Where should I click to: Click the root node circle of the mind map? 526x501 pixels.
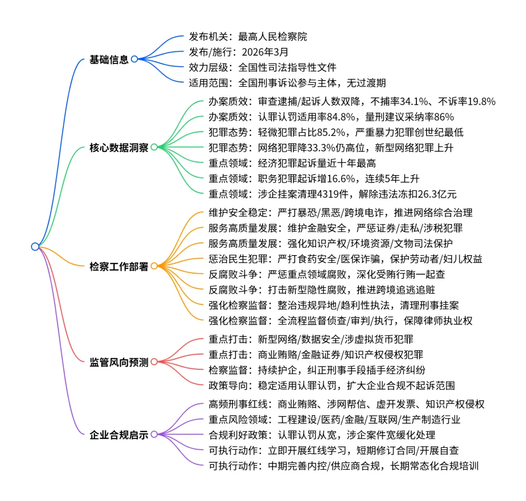point(35,246)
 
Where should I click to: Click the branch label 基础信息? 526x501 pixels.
point(109,60)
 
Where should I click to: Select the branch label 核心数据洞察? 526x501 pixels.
point(119,147)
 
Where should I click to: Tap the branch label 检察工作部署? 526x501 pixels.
point(119,267)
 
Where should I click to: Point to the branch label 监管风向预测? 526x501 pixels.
point(119,362)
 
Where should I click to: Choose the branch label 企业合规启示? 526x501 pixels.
point(119,435)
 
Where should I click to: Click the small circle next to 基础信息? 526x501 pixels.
point(134,59)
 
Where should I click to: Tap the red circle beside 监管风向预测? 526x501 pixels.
point(154,362)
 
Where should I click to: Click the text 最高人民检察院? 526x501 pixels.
point(272,37)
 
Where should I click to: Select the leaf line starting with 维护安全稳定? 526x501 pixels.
point(340,213)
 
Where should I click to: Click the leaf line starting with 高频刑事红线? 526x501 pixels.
point(346,404)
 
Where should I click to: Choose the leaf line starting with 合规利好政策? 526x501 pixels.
point(321,435)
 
